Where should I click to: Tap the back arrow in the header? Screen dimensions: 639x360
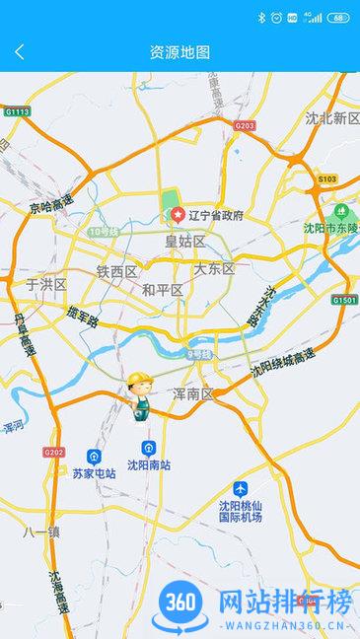coord(20,52)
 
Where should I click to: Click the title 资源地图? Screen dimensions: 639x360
coord(180,52)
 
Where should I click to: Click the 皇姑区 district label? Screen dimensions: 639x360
coord(184,241)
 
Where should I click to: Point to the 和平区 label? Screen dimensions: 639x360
coord(163,290)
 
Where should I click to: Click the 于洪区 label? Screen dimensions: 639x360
coord(45,284)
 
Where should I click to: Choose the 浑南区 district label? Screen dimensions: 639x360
coord(192,393)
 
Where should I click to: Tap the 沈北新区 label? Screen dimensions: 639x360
coord(332,118)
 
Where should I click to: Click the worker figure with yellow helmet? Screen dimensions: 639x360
coord(140,395)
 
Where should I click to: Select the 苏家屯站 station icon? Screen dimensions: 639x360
coord(94,457)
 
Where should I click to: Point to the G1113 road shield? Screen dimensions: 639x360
coord(18,112)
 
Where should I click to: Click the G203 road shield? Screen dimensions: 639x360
coord(245,126)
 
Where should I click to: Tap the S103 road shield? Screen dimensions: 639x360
coord(327,178)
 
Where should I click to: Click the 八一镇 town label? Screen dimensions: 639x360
coord(42,532)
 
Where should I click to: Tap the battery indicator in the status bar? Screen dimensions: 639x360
coord(338,17)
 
